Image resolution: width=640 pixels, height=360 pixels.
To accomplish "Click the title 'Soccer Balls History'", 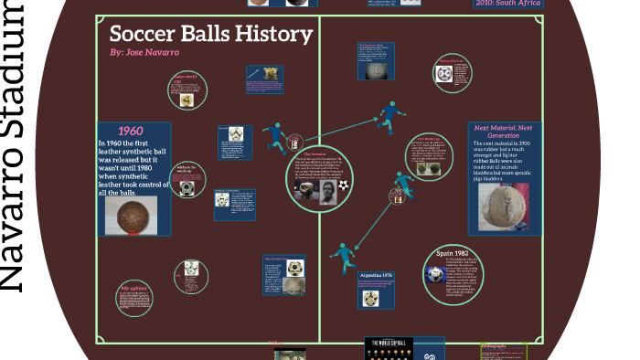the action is point(211,36).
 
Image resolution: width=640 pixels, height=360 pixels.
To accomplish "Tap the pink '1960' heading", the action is point(132,131).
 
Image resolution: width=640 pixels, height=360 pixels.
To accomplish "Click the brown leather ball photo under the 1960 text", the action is point(132,217).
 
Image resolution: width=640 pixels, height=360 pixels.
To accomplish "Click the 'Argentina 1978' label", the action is point(376,274).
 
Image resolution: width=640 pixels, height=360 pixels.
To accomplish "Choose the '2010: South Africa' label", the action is point(508,3).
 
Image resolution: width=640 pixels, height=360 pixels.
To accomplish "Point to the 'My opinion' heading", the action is point(134,289).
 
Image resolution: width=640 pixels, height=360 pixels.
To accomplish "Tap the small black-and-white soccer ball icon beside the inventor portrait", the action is point(342,185).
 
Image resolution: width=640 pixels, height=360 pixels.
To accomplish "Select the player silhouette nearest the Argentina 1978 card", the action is point(342,257).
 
